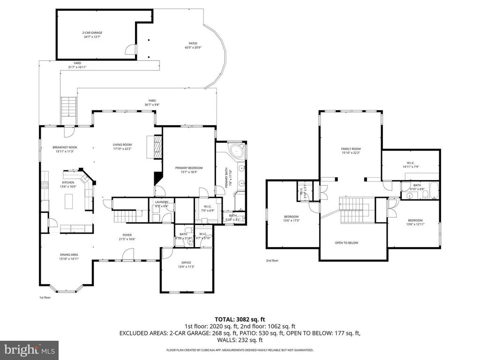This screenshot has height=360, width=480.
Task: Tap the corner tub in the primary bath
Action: [236, 152]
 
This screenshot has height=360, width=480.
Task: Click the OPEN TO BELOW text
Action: [346, 243]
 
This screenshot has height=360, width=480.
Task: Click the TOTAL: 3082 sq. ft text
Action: [240, 319]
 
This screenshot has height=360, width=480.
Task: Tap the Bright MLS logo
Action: [29, 350]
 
